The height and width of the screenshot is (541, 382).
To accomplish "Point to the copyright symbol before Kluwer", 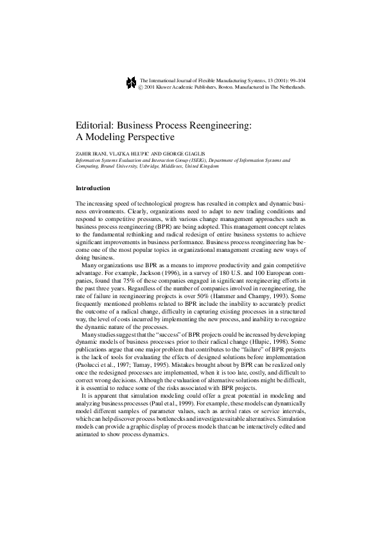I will click(142, 85).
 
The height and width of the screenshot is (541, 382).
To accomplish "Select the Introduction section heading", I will click(94, 188).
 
